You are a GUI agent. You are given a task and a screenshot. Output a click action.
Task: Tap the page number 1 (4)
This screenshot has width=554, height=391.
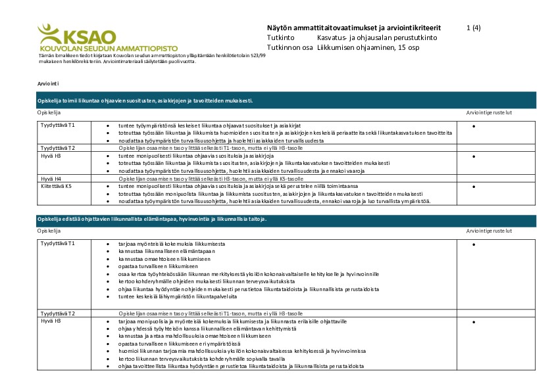click(473, 28)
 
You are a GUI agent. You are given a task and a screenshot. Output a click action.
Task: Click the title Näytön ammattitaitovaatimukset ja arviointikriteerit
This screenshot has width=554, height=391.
click(354, 28)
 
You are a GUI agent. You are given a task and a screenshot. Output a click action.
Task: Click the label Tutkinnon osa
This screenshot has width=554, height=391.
click(290, 48)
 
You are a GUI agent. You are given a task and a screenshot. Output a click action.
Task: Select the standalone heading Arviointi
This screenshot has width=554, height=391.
click(49, 85)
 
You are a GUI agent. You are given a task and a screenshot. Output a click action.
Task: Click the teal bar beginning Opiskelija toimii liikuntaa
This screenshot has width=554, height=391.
click(286, 101)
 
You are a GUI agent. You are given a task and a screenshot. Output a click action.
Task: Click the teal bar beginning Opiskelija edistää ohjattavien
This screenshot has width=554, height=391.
click(286, 218)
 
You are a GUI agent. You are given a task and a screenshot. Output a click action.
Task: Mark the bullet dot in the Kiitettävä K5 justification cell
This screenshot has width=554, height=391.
click(474, 187)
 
